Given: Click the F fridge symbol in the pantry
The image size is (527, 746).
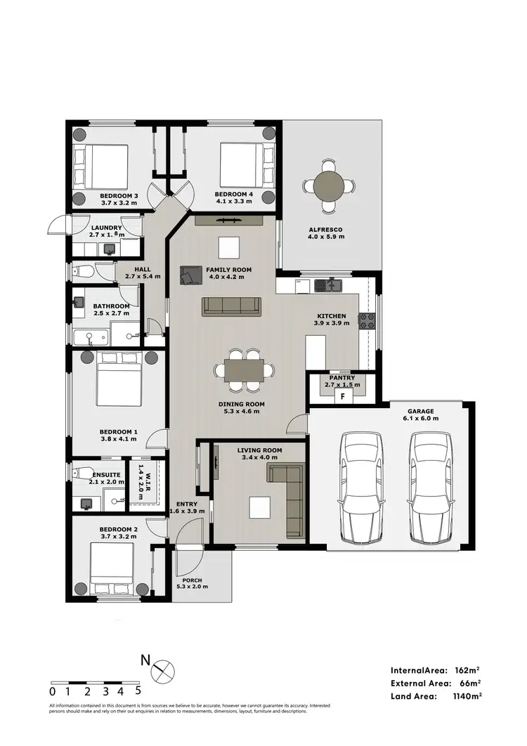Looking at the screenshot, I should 342,396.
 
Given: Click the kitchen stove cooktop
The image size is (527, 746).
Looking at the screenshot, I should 367,321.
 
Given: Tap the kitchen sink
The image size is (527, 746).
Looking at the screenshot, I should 329,285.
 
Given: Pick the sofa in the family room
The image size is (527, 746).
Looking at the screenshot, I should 231,306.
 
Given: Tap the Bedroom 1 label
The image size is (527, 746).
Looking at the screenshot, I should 118,431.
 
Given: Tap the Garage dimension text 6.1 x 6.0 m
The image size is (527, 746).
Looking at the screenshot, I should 422,418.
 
